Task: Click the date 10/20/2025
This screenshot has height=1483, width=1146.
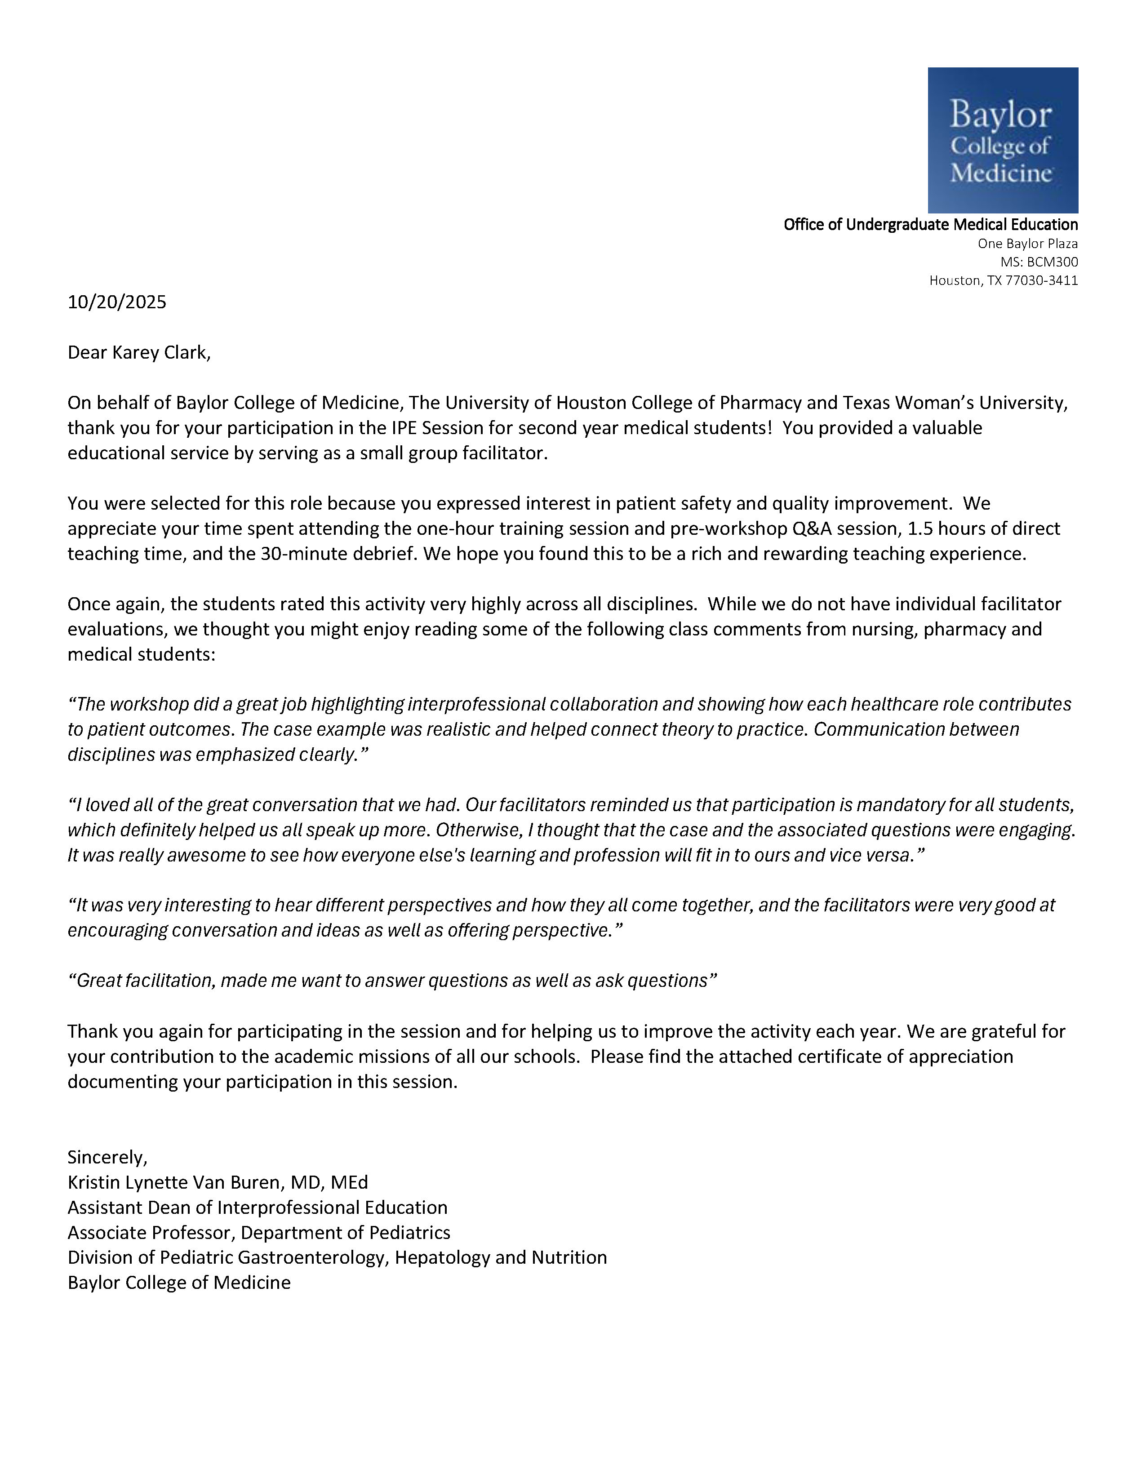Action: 117,302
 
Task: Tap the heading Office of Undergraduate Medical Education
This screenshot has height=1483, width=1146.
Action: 930,225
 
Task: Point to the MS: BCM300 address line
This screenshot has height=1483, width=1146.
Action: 1039,262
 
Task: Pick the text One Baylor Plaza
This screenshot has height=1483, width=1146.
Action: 1027,243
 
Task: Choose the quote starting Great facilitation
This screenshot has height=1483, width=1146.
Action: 392,981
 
